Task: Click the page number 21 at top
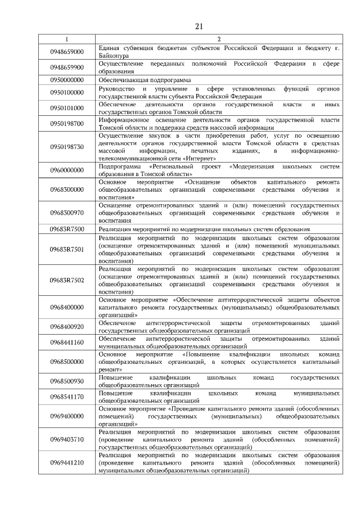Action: click(x=199, y=26)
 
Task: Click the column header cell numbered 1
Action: click(x=66, y=39)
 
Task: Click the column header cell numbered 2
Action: click(x=218, y=39)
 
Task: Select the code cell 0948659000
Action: click(x=66, y=52)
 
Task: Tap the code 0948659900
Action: click(x=66, y=67)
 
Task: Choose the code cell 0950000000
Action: click(x=66, y=80)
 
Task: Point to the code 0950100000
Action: click(x=66, y=92)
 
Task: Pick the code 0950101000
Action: click(x=66, y=108)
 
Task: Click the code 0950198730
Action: click(x=66, y=147)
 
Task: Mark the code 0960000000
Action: click(x=66, y=171)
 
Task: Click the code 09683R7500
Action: click(x=66, y=229)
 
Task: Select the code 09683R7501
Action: click(x=66, y=249)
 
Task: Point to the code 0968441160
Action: click(x=66, y=343)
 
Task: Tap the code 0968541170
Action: click(x=66, y=397)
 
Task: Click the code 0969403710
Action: click(x=66, y=439)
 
